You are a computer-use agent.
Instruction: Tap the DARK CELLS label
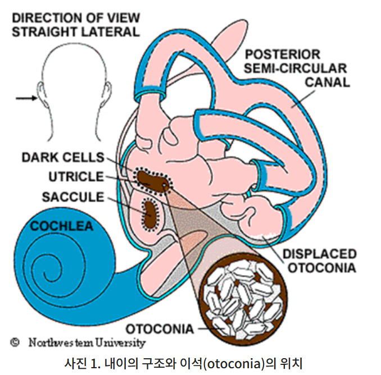pyautogui.click(x=63, y=157)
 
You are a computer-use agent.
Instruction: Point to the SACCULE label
pyautogui.click(x=73, y=197)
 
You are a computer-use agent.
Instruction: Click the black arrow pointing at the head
pyautogui.click(x=25, y=99)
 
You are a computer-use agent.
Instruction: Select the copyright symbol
pyautogui.click(x=16, y=341)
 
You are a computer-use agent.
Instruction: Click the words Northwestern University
pyautogui.click(x=87, y=342)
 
